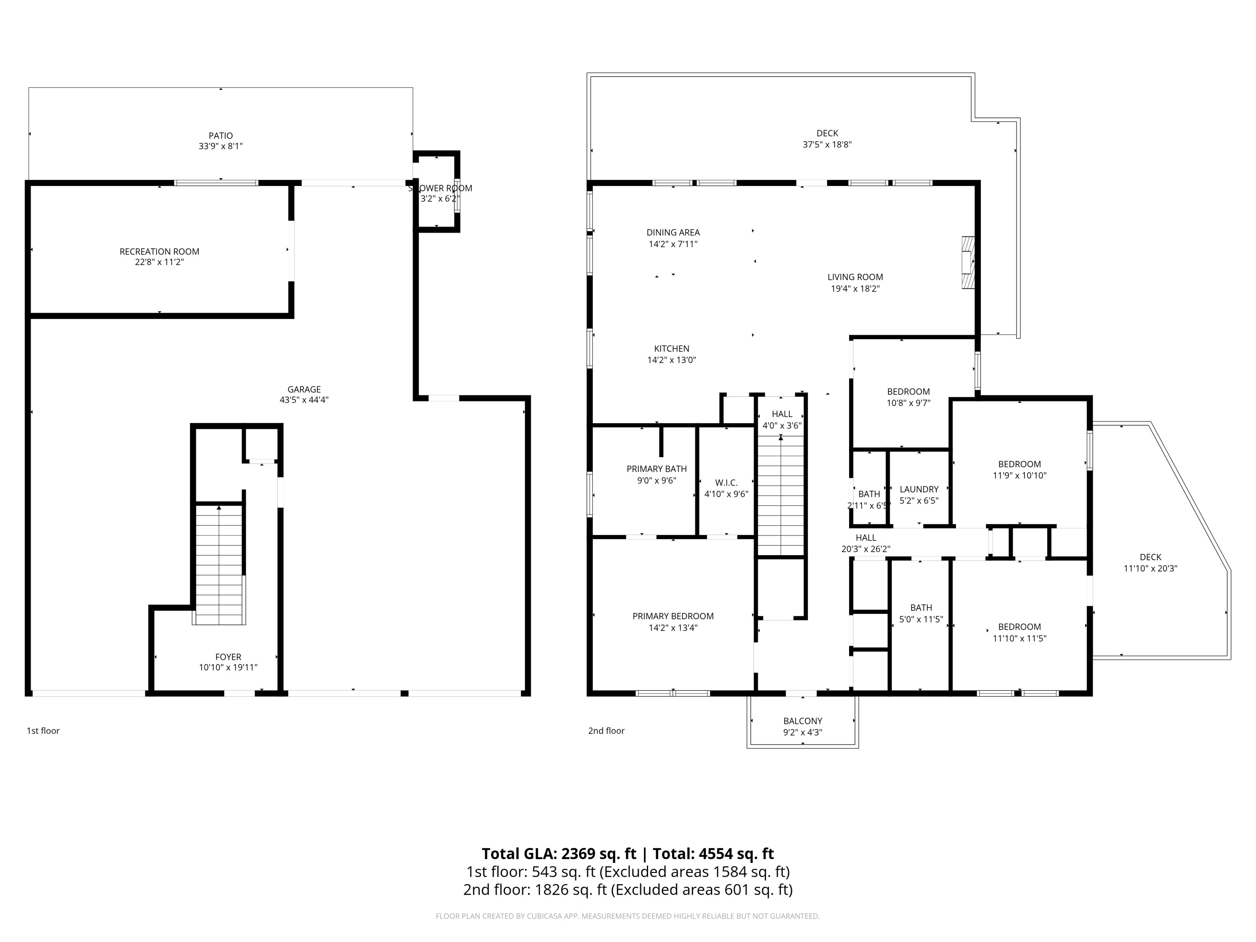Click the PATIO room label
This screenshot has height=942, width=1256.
point(220,136)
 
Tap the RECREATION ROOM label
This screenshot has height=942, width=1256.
point(159,252)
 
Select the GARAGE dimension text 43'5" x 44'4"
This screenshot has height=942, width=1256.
point(304,400)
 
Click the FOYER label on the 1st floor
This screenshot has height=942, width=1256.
point(228,657)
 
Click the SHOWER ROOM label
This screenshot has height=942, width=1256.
point(440,188)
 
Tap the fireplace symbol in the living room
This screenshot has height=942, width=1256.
point(968,263)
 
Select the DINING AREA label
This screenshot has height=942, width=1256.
point(673,232)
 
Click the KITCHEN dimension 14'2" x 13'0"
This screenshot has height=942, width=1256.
point(671,360)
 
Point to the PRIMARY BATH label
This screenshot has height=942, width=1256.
point(656,469)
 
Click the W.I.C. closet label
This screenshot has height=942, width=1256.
point(726,483)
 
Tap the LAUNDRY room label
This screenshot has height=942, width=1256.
point(919,489)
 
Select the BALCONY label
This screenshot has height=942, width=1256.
point(802,721)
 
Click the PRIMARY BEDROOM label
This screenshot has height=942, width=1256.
point(673,616)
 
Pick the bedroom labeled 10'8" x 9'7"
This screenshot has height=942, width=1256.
point(908,397)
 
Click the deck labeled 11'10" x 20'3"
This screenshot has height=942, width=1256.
point(1150,563)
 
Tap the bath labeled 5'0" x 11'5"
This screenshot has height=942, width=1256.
point(920,613)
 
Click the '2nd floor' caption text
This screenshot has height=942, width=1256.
point(606,731)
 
